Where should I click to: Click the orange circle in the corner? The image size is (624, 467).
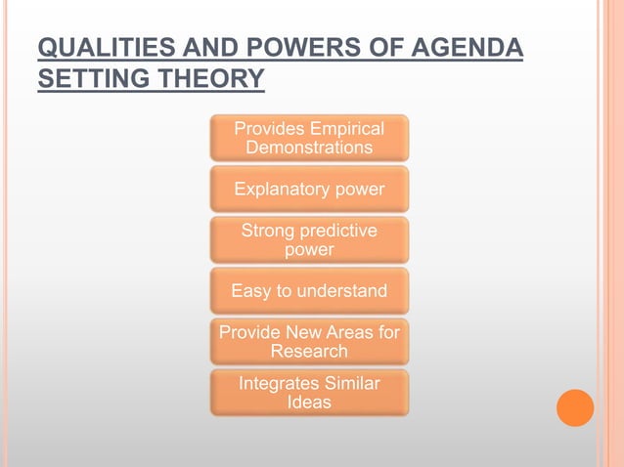(x=575, y=407)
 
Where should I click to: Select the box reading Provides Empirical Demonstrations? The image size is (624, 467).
(x=309, y=138)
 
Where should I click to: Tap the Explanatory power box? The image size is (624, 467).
(x=309, y=189)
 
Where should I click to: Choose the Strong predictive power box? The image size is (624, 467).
(x=309, y=239)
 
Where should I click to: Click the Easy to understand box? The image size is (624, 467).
(x=309, y=290)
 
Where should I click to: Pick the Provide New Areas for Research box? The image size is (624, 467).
(x=309, y=341)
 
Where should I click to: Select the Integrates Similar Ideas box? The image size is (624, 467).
(x=309, y=392)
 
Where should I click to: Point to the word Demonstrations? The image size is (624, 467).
(x=309, y=148)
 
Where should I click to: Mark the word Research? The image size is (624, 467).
(x=309, y=351)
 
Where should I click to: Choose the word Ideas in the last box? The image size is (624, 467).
(x=309, y=402)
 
